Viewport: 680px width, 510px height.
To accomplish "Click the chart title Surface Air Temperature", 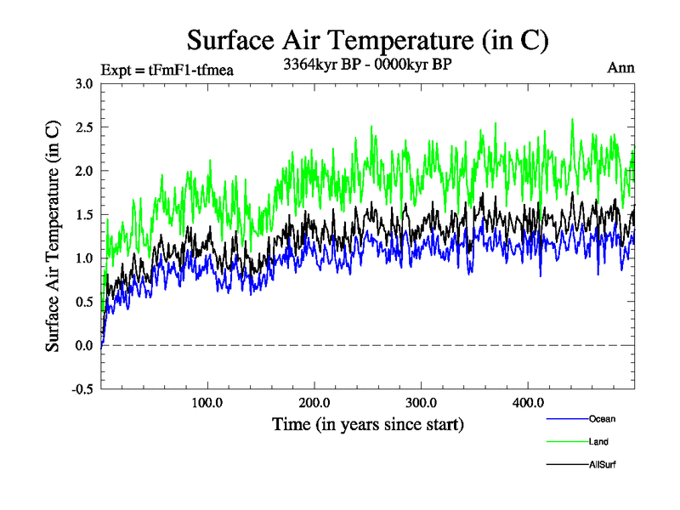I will [368, 40].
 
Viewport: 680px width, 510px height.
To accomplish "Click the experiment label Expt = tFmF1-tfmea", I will [167, 70].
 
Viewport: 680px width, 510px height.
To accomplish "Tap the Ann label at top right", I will [620, 68].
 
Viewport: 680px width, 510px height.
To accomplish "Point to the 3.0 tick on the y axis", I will [85, 83].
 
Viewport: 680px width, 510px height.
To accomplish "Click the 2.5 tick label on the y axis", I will [85, 127].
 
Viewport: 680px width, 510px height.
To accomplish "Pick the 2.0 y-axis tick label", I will [85, 170].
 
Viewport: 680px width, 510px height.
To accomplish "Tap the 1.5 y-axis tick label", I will [85, 214].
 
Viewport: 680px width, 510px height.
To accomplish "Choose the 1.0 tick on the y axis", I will [85, 258].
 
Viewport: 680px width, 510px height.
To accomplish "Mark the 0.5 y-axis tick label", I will [85, 302].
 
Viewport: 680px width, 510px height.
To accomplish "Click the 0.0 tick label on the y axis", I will [85, 345].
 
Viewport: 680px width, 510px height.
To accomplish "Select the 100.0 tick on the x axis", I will [208, 403].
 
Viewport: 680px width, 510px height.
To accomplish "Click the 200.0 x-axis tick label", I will [314, 403].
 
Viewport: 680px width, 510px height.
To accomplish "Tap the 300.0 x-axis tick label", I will [422, 403].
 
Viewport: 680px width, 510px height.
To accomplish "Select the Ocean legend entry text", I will [602, 418].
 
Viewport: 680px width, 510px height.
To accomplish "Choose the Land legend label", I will [598, 441].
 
